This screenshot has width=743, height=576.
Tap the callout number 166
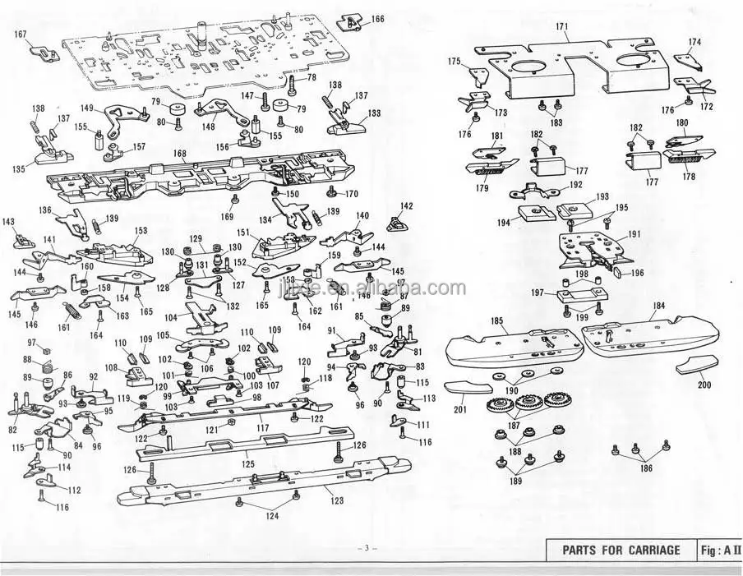[x=376, y=18]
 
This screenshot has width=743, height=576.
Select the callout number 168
[x=179, y=153]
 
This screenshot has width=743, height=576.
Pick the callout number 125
[x=247, y=464]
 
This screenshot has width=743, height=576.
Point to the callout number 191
[x=634, y=234]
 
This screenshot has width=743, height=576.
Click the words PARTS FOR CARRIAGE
[x=621, y=550]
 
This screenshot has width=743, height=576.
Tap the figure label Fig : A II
[x=719, y=550]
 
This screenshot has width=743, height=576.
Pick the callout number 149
[x=87, y=108]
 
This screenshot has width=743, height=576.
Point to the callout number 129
[x=196, y=238]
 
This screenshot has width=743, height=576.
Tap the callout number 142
[x=407, y=205]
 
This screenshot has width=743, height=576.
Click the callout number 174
[x=695, y=41]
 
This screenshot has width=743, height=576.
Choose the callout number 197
[x=538, y=292]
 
